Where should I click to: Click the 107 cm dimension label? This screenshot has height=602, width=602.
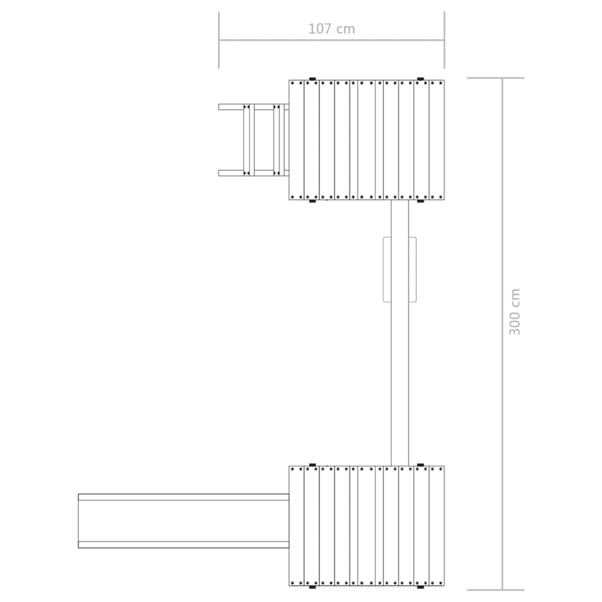332,29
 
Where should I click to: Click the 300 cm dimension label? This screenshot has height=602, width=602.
514,312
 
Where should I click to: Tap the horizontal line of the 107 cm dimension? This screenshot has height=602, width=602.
332,40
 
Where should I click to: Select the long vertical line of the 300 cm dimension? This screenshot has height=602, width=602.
502,334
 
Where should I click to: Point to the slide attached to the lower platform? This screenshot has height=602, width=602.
183,521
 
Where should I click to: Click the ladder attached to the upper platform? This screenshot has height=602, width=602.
254,140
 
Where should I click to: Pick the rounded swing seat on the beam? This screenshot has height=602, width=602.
400,269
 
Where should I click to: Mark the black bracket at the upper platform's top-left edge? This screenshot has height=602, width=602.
312,79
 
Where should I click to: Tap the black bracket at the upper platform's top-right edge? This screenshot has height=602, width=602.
420,79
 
